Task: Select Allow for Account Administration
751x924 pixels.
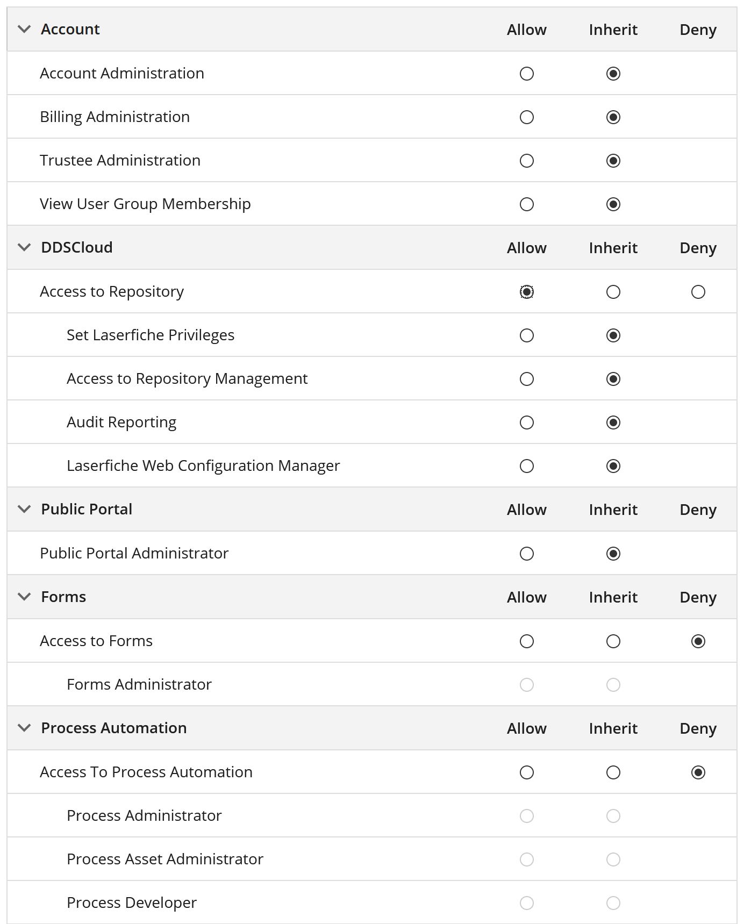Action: pyautogui.click(x=527, y=74)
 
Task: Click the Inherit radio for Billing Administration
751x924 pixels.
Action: pyautogui.click(x=613, y=117)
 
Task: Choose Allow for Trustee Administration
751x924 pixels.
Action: pyautogui.click(x=527, y=161)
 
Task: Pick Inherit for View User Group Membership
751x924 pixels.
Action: pyautogui.click(x=613, y=204)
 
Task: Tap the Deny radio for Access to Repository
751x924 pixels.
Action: pyautogui.click(x=698, y=292)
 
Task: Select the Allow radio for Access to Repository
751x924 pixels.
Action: pyautogui.click(x=527, y=292)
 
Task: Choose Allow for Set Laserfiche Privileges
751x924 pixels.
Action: pyautogui.click(x=527, y=335)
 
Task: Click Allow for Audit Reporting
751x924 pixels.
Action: pyautogui.click(x=527, y=422)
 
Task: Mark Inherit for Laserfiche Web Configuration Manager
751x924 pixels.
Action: pyautogui.click(x=613, y=466)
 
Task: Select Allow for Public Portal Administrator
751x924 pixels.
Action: pyautogui.click(x=527, y=554)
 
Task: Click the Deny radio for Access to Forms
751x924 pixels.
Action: pyautogui.click(x=698, y=641)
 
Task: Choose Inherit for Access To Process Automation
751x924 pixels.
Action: pyautogui.click(x=613, y=772)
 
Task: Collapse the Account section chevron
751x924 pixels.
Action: pyautogui.click(x=24, y=29)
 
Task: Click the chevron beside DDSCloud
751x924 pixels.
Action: pyautogui.click(x=24, y=247)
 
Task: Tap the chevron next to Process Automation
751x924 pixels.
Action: pyautogui.click(x=24, y=728)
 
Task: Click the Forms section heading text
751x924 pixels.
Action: pyautogui.click(x=63, y=597)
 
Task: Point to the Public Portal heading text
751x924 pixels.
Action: pyautogui.click(x=87, y=509)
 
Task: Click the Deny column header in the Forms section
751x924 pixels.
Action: pyautogui.click(x=698, y=597)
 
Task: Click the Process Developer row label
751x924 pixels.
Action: pyautogui.click(x=132, y=902)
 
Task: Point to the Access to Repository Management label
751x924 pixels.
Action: pyautogui.click(x=187, y=378)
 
